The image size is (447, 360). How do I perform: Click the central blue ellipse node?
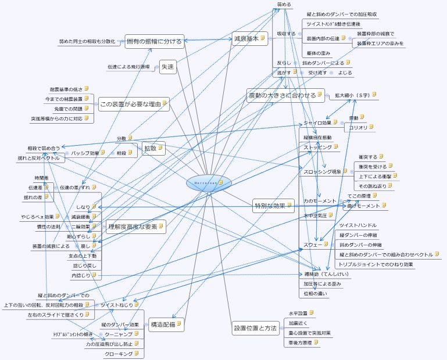click(209, 183)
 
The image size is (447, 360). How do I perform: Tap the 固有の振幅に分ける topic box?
click(155, 41)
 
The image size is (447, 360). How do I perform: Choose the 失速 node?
click(168, 67)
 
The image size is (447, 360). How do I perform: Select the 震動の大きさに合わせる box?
click(282, 95)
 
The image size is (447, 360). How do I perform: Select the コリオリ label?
click(357, 127)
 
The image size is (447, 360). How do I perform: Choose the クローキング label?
click(119, 354)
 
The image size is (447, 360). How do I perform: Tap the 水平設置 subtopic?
click(298, 314)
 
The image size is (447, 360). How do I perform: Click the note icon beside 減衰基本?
click(263, 38)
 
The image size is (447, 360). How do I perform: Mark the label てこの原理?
click(359, 196)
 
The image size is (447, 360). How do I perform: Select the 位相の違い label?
click(315, 293)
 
